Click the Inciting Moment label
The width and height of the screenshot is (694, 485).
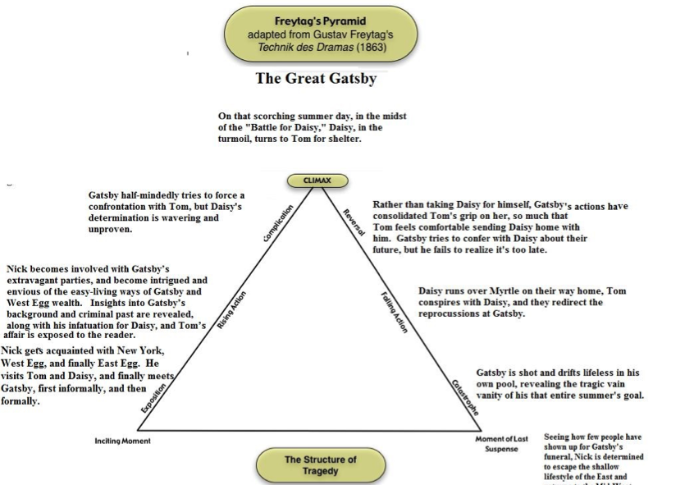pos(124,441)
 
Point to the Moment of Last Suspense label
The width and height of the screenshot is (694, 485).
pos(501,445)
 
